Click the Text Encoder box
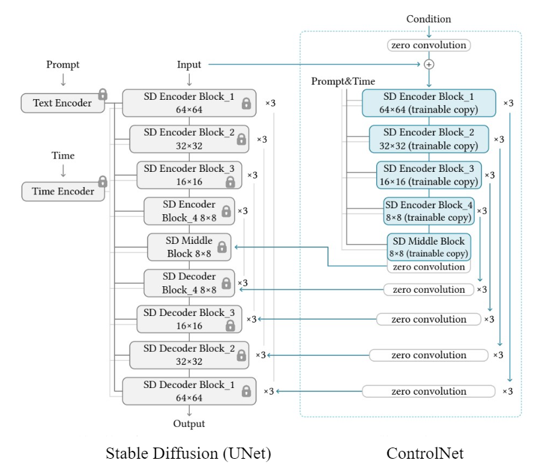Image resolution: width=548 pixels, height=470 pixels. [x=63, y=103]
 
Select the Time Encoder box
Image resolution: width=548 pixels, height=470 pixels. [x=63, y=191]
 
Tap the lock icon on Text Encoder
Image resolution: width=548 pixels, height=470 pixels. [x=102, y=94]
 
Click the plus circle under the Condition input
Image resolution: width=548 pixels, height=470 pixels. [x=428, y=64]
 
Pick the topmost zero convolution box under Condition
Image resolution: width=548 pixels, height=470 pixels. [x=428, y=46]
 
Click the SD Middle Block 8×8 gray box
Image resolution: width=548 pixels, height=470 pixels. [x=189, y=247]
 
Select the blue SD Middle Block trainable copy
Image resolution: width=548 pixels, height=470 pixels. [x=428, y=247]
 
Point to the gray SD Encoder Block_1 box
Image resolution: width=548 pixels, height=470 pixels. [x=188, y=102]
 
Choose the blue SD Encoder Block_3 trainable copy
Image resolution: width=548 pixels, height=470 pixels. [x=428, y=175]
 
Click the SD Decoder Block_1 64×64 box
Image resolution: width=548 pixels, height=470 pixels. [x=188, y=391]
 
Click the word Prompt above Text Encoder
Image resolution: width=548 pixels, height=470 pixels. [x=63, y=65]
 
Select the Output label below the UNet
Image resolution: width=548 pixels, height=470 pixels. [x=189, y=424]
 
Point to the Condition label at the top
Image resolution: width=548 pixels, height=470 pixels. [x=428, y=19]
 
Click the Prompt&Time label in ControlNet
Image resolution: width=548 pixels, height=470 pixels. [x=343, y=81]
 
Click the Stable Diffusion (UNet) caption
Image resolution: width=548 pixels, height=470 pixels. [x=188, y=453]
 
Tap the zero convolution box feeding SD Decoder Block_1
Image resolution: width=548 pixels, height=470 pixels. [x=428, y=391]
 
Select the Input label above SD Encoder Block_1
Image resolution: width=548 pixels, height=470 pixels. [x=189, y=65]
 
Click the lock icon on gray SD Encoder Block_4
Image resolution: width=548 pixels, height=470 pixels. [x=226, y=211]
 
